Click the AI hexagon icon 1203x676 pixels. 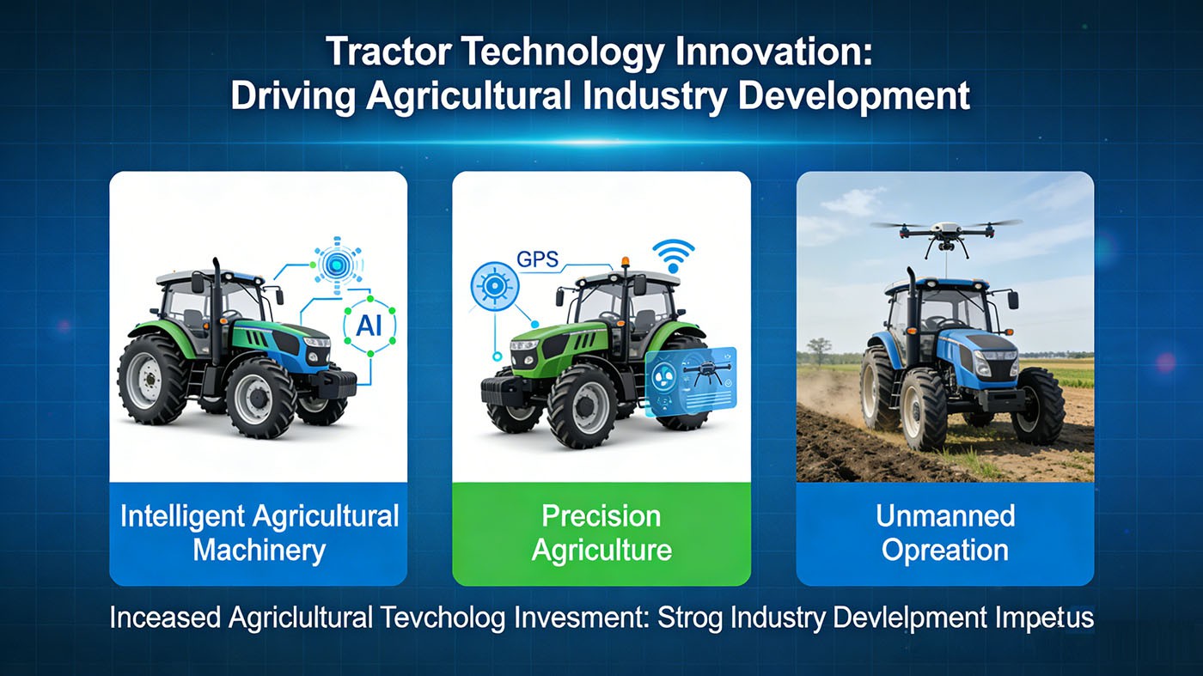[x=363, y=327]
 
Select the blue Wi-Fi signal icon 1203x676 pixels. [x=672, y=255]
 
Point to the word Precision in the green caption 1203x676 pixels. [x=601, y=516]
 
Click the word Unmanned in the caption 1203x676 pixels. [x=945, y=516]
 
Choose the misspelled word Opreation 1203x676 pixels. [x=945, y=550]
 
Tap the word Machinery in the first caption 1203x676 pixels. [x=259, y=550]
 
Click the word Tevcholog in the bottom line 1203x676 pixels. [x=446, y=618]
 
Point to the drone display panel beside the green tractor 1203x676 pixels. [x=691, y=380]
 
